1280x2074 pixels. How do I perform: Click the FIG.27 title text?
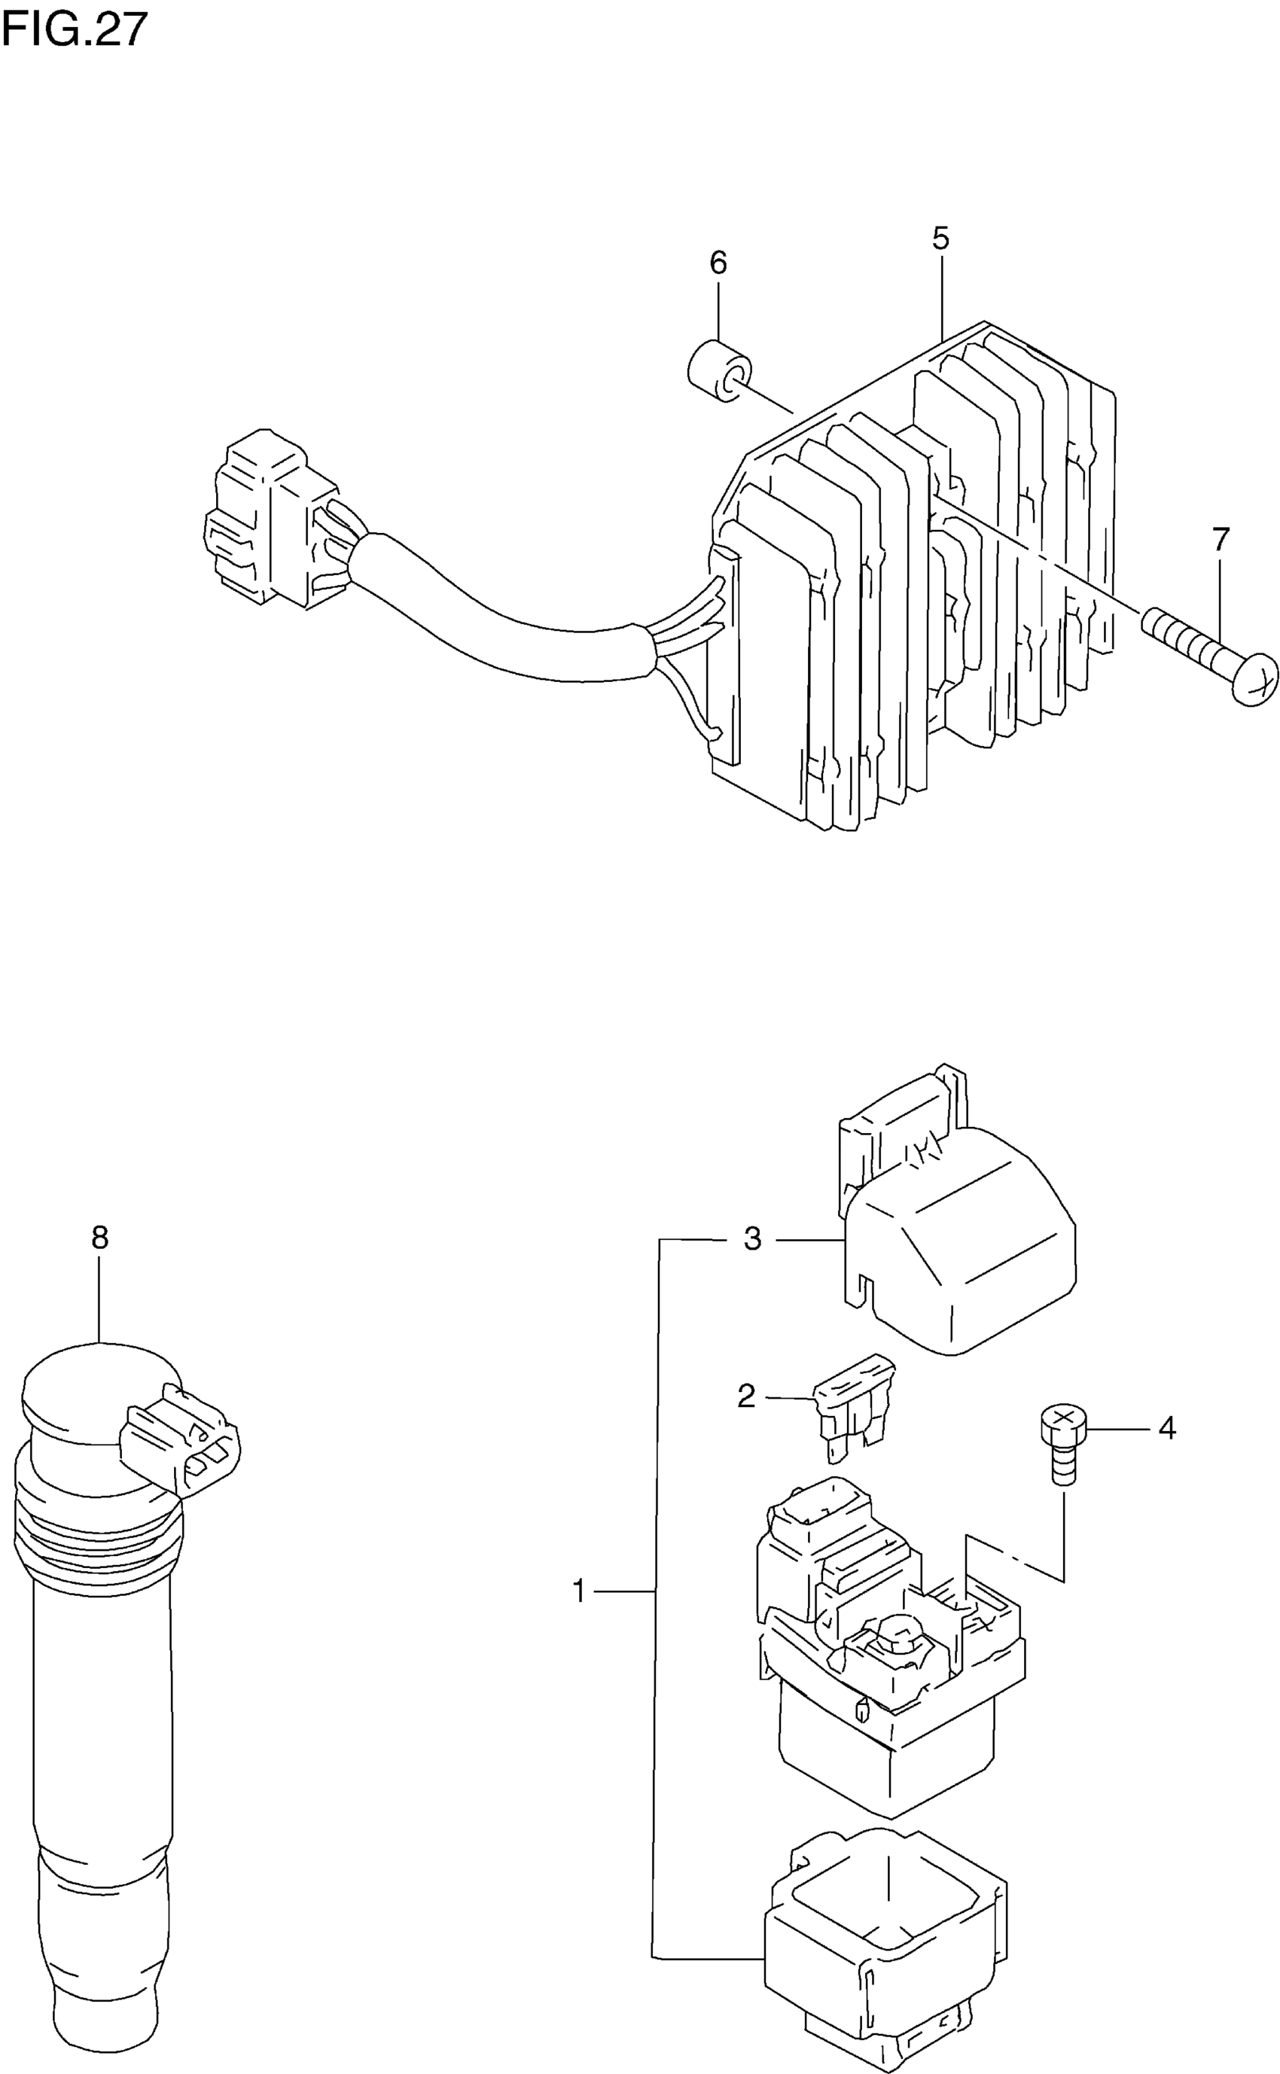[x=75, y=29]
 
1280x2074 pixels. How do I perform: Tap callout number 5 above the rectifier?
[x=940, y=239]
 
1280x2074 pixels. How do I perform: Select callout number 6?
[x=718, y=263]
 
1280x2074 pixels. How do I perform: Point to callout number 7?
[x=1220, y=540]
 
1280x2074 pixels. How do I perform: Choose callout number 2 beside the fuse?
[x=746, y=1396]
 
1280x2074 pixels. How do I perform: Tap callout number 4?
[x=1166, y=1428]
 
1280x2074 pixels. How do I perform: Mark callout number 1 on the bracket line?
[x=579, y=1591]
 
